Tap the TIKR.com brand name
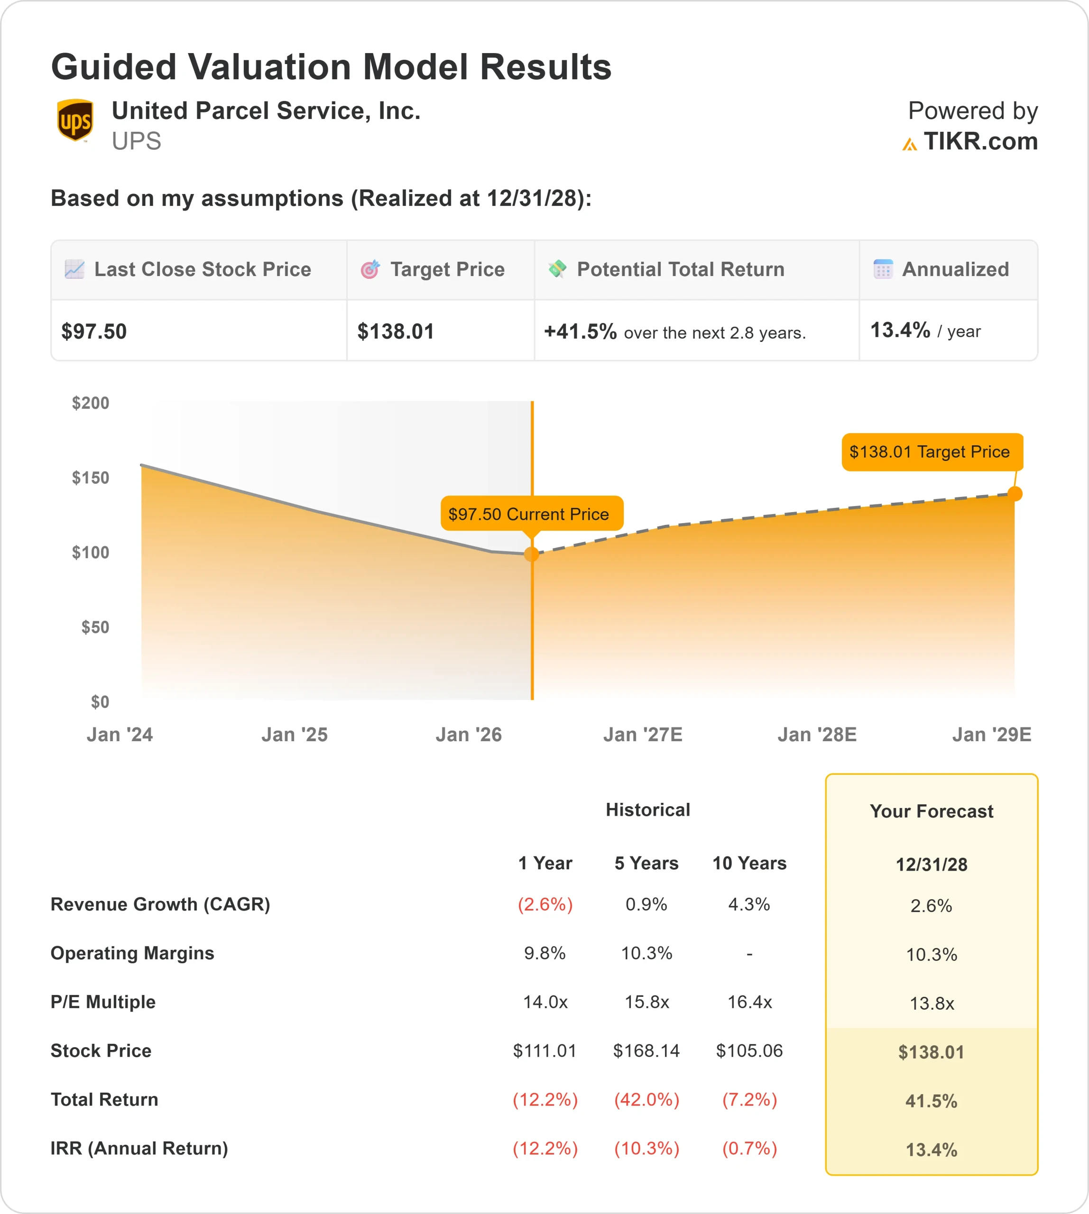(x=980, y=142)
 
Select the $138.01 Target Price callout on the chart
(x=932, y=452)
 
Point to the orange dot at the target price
(x=1015, y=494)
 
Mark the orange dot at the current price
(x=531, y=554)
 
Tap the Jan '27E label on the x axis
(x=643, y=734)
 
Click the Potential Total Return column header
(x=680, y=269)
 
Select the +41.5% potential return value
(x=580, y=331)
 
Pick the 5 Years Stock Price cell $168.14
(x=646, y=1051)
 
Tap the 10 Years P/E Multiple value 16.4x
(x=749, y=1002)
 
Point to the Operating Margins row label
(x=132, y=953)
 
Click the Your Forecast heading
(x=931, y=811)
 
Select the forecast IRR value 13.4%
(x=931, y=1150)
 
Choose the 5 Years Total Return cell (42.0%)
(x=646, y=1100)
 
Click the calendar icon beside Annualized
(x=883, y=269)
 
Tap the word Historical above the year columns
(x=647, y=809)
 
